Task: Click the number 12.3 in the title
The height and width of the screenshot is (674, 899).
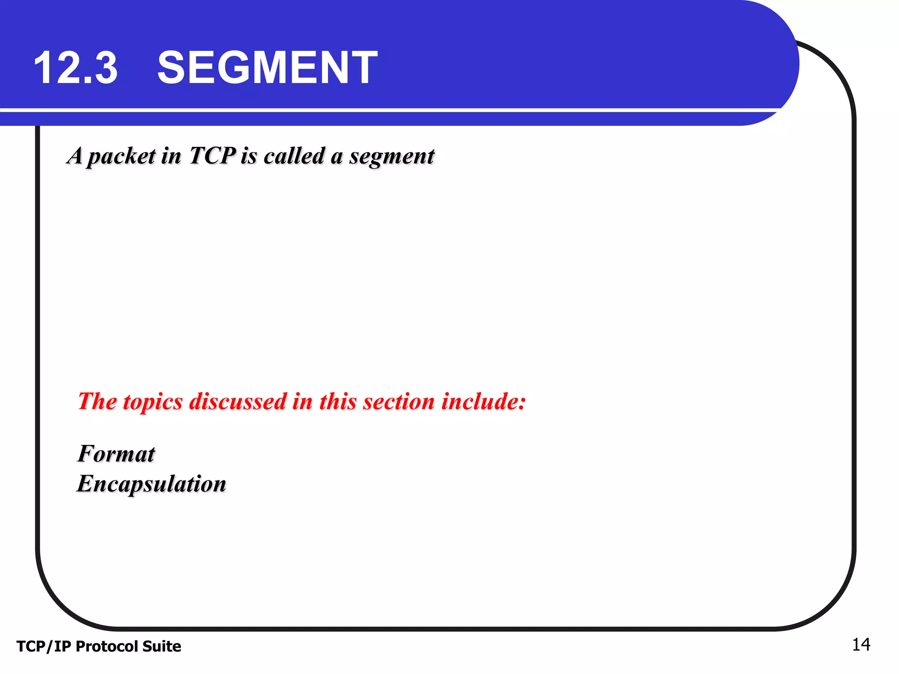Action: [76, 68]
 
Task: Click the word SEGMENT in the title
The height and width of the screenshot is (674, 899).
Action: [267, 68]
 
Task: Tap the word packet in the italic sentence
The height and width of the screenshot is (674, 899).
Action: [122, 157]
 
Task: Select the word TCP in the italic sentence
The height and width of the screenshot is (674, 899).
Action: [212, 156]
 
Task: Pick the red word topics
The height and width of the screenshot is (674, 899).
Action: [153, 402]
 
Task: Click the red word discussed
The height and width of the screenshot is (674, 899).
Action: [237, 402]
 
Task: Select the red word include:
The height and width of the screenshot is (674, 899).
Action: [483, 402]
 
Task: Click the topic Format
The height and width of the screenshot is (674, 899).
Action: [116, 454]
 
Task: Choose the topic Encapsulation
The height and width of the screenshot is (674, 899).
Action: [151, 484]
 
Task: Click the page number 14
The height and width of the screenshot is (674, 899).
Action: [861, 645]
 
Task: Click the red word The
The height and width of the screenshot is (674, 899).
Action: [97, 402]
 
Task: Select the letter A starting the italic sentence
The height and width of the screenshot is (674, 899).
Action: [75, 156]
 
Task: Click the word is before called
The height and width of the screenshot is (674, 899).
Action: [248, 156]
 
